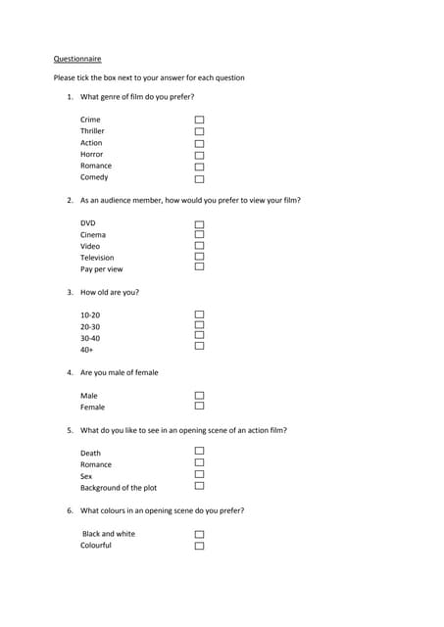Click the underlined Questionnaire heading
click(x=76, y=59)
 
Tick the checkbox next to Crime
click(x=199, y=121)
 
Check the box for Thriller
click(x=199, y=131)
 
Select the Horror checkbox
click(x=199, y=155)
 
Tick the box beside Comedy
click(x=199, y=178)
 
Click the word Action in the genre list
click(x=91, y=143)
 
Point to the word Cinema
click(x=93, y=235)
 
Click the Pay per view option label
click(x=102, y=269)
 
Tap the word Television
click(x=97, y=258)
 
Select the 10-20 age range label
click(x=90, y=315)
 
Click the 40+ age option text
click(x=87, y=350)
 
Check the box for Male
click(x=199, y=396)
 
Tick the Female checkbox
click(x=199, y=406)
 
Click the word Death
click(x=90, y=454)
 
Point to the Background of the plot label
click(x=119, y=488)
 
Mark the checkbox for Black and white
click(x=199, y=535)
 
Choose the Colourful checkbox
click(x=199, y=546)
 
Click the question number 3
click(x=70, y=292)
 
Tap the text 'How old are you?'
click(x=110, y=292)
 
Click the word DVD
click(x=88, y=223)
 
